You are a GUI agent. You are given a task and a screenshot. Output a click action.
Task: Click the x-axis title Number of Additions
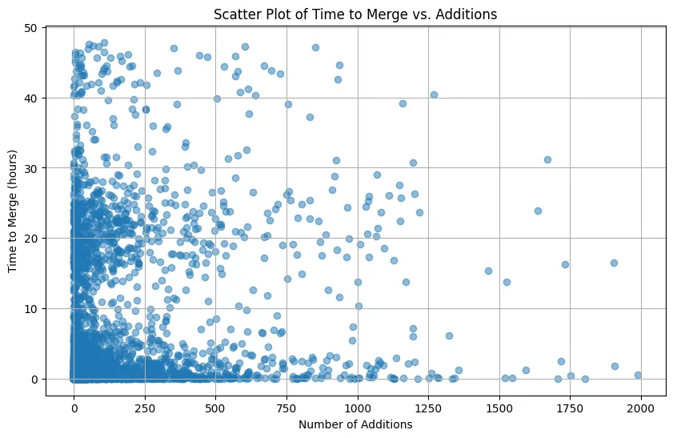[355, 424]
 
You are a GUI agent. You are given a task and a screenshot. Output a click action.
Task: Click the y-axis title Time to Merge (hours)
[14, 204]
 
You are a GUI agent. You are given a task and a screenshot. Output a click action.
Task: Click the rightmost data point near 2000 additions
[638, 375]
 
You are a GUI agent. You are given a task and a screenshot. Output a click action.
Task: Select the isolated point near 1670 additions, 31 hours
[547, 159]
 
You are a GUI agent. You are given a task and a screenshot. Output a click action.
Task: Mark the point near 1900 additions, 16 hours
[614, 263]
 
